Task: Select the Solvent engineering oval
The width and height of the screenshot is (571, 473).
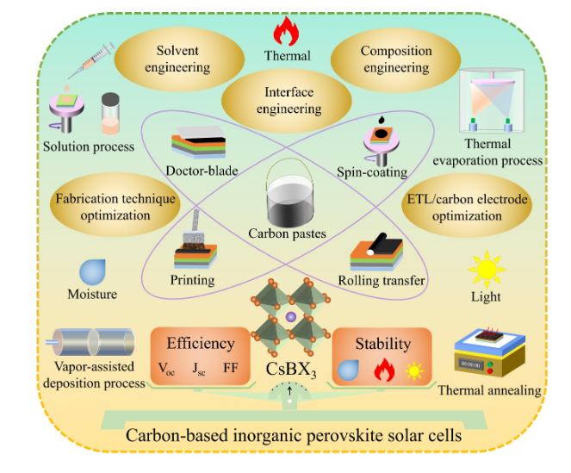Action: pyautogui.click(x=177, y=59)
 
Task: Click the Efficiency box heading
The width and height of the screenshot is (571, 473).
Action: pyautogui.click(x=200, y=343)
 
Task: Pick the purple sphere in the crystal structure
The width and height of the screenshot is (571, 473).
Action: pyautogui.click(x=289, y=318)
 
